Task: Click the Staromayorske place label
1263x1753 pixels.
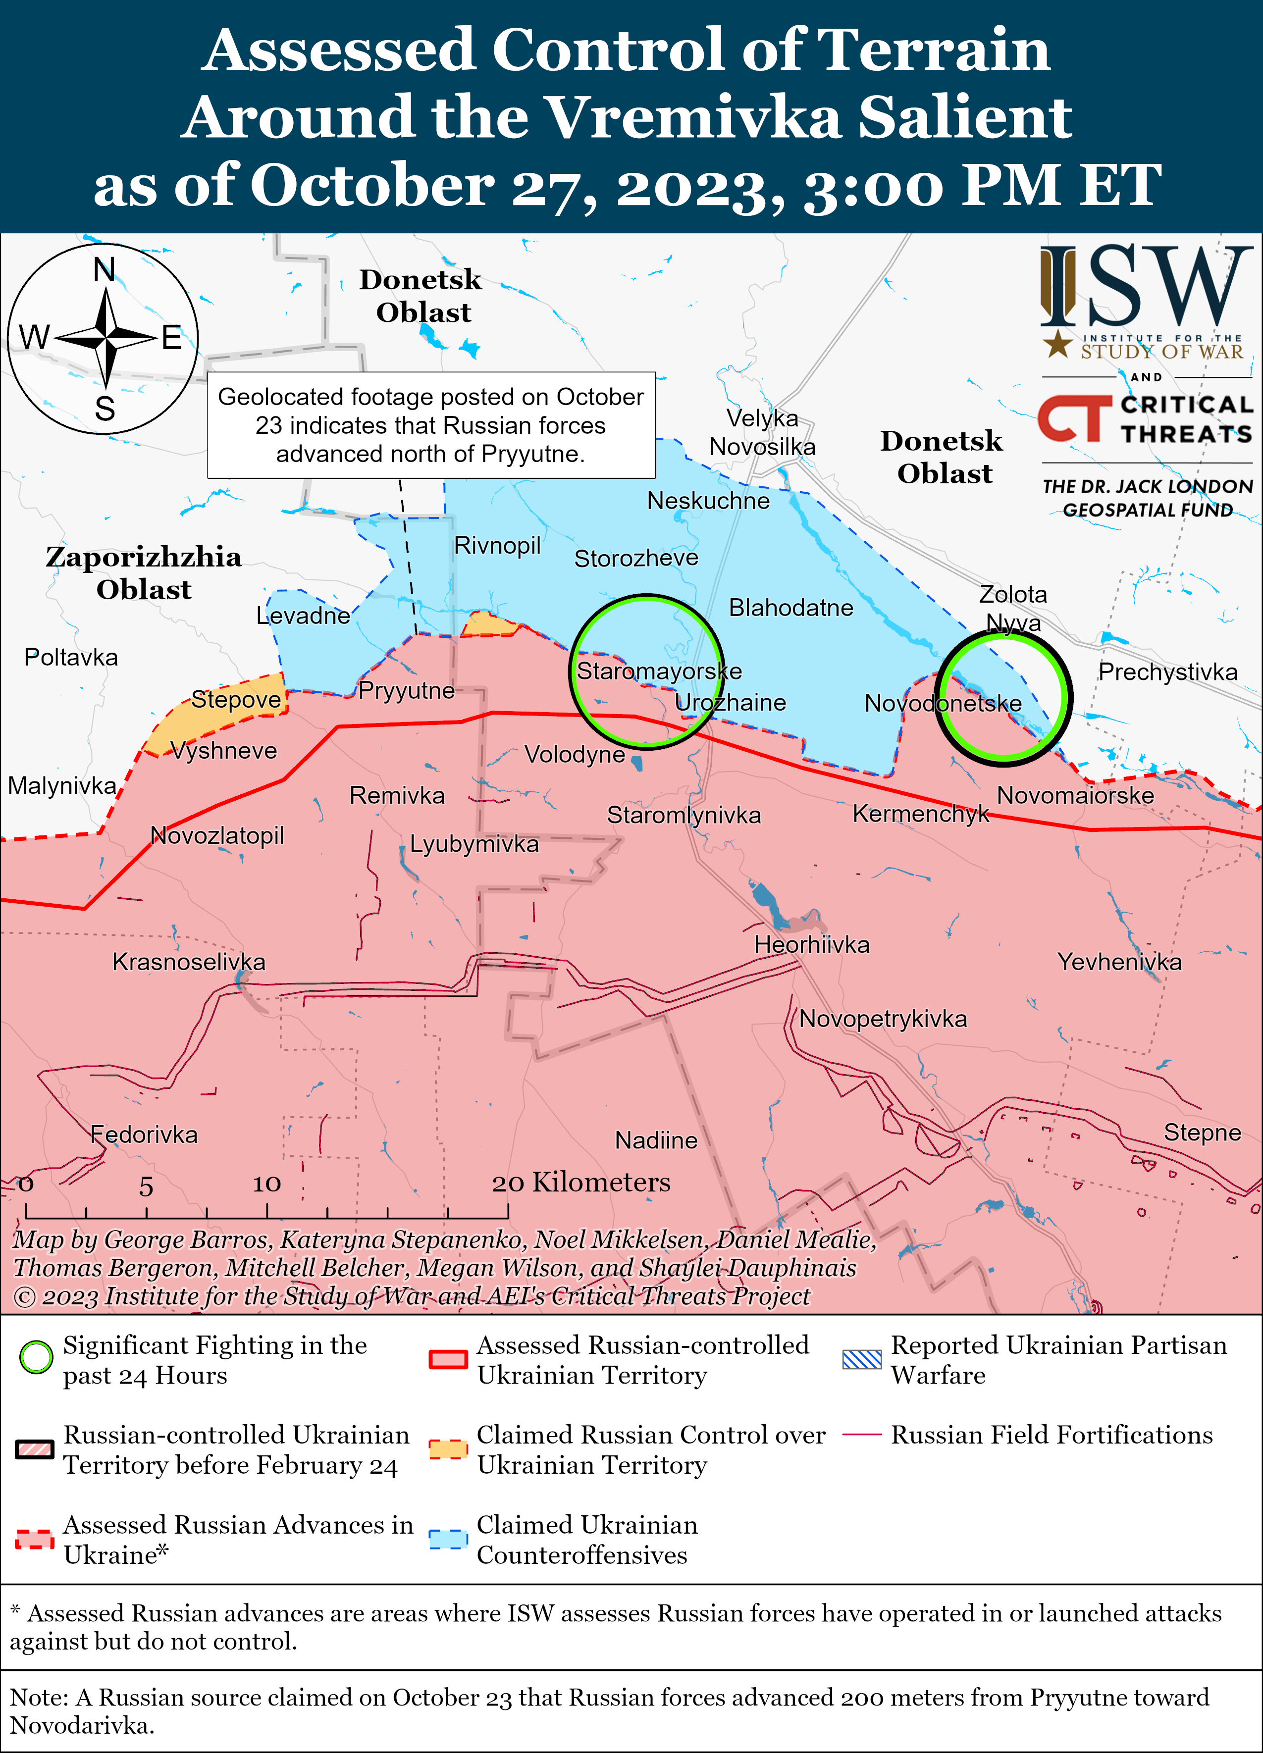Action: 659,671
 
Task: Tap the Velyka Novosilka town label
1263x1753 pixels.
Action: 762,432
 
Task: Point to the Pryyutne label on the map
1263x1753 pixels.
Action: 407,690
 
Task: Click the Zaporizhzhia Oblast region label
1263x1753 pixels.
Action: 144,573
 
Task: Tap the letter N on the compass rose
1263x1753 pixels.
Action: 105,270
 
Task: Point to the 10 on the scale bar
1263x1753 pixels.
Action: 266,1184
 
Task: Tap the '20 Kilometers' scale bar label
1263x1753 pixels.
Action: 581,1183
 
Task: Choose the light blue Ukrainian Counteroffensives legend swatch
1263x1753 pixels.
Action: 448,1539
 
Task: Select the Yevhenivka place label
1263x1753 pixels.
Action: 1119,962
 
